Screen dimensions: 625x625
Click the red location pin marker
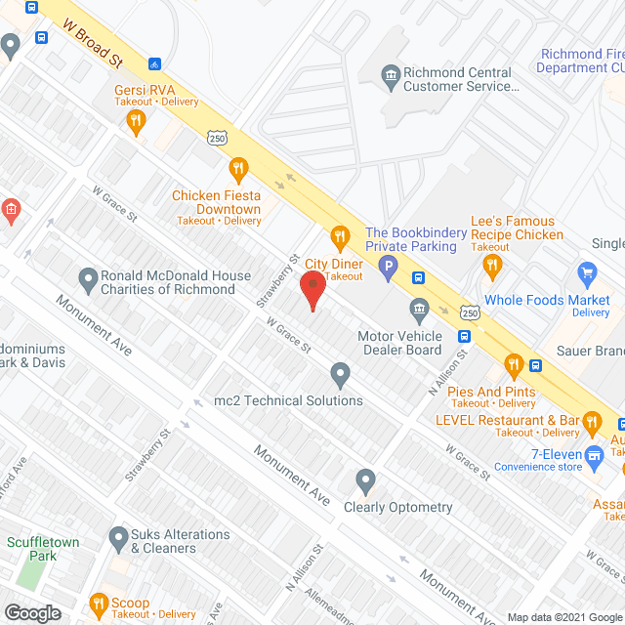312,290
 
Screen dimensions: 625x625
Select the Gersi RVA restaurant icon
136,121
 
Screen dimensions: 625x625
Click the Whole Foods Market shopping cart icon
587,271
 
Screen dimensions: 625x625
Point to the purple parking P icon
389,265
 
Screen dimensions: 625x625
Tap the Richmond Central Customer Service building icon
390,74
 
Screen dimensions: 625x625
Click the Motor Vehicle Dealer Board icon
419,311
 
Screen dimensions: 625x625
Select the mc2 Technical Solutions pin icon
340,374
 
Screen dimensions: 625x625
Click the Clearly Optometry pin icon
365,480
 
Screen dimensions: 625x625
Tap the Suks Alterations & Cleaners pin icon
118,536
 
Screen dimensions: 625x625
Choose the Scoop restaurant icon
98,604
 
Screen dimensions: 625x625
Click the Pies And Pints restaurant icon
513,367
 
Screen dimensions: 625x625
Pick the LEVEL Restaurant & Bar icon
591,422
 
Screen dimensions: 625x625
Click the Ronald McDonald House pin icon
88,278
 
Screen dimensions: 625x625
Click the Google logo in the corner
32,612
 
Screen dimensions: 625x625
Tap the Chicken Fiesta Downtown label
216,202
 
